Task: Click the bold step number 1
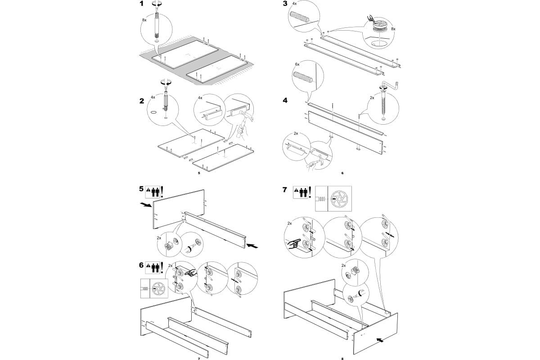click(x=142, y=4)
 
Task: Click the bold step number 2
click(x=142, y=101)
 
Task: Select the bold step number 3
click(x=284, y=4)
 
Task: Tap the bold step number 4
click(x=285, y=101)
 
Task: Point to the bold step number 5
click(x=142, y=189)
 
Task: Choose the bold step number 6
click(x=142, y=265)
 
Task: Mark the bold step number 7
click(x=284, y=189)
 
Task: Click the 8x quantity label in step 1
click(x=144, y=21)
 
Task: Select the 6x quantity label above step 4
click(x=297, y=64)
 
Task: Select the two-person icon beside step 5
click(x=156, y=192)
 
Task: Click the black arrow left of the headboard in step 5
click(x=145, y=205)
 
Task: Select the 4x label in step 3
click(x=295, y=4)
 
